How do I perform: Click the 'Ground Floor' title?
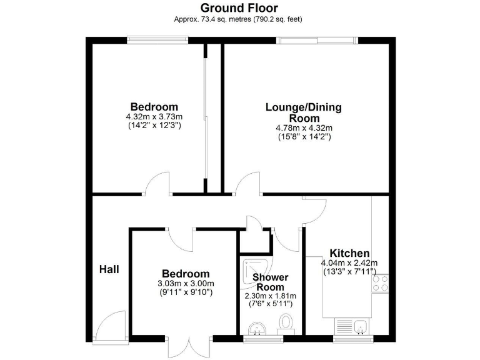[x=240, y=7]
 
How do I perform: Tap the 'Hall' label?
[x=109, y=269]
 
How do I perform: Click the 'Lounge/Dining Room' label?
[x=304, y=112]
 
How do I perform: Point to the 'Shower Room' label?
[x=270, y=282]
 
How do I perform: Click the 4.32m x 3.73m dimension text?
[x=154, y=117]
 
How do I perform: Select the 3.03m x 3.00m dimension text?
[x=186, y=283]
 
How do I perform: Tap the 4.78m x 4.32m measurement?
[x=304, y=127]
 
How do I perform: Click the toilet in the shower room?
[x=287, y=324]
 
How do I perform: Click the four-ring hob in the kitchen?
[x=379, y=283]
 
